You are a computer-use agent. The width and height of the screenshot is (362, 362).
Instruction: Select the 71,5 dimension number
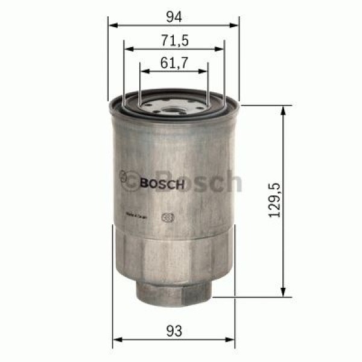coord(174,40)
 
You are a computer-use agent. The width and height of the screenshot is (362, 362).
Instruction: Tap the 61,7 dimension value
coord(174,62)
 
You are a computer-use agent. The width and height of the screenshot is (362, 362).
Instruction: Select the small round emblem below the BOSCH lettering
coord(167,220)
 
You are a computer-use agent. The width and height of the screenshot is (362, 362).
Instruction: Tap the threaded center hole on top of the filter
coord(173,110)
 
